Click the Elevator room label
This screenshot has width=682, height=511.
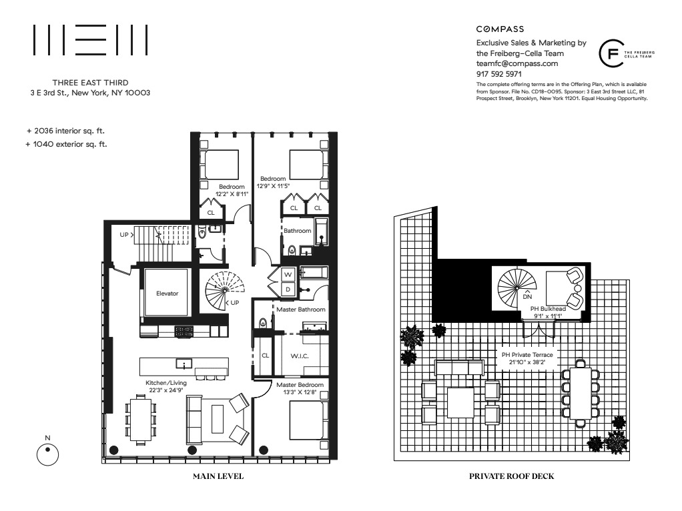point(167,293)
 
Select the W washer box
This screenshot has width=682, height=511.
point(288,275)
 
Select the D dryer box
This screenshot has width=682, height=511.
point(288,290)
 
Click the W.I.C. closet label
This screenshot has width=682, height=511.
point(299,356)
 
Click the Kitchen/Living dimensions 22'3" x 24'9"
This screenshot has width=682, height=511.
point(166,391)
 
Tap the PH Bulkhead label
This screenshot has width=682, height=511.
point(549,308)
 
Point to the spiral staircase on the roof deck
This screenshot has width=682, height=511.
point(517,285)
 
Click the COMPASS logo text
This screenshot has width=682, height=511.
point(500,29)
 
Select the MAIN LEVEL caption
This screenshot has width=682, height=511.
point(218,476)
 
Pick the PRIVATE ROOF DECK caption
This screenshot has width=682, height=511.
point(512,476)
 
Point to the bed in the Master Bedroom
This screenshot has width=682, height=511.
point(308,420)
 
